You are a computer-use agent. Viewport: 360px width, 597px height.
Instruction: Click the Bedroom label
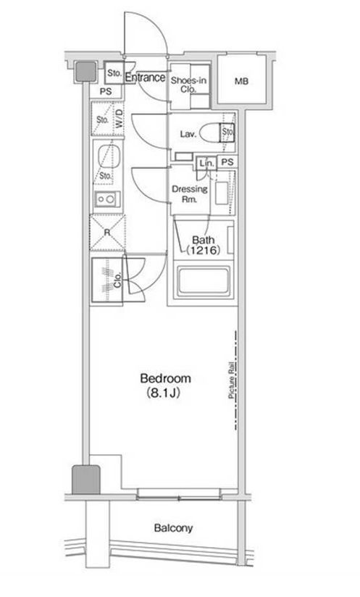tap(166, 378)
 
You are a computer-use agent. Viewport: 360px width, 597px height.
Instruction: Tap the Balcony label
tap(173, 528)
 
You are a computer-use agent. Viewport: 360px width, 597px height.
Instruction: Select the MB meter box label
tap(241, 81)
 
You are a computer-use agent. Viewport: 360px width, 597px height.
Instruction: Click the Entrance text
tap(146, 78)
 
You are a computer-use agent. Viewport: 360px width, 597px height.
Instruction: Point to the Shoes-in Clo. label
tap(188, 85)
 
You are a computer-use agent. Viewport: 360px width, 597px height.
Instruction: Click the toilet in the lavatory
tap(212, 133)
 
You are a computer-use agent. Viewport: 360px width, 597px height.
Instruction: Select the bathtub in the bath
tap(204, 281)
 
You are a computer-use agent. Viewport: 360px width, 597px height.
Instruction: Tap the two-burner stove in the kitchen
tap(108, 199)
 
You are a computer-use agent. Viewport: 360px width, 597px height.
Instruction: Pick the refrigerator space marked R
tap(107, 233)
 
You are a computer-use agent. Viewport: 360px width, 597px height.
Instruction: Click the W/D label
tap(119, 118)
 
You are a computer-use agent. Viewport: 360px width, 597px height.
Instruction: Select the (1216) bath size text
tap(204, 250)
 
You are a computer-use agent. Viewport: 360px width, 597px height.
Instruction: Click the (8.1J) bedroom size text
tap(163, 393)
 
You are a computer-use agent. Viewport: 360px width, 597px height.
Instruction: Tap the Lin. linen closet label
tap(207, 163)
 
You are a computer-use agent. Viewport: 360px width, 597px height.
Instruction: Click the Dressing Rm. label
tap(190, 193)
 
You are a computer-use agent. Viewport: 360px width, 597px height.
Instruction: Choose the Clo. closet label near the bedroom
tap(117, 280)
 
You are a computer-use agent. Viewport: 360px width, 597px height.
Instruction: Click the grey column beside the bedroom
tap(86, 480)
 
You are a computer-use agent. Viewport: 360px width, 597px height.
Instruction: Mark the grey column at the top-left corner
tap(85, 71)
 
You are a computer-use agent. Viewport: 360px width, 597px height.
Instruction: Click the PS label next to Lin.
tap(227, 162)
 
